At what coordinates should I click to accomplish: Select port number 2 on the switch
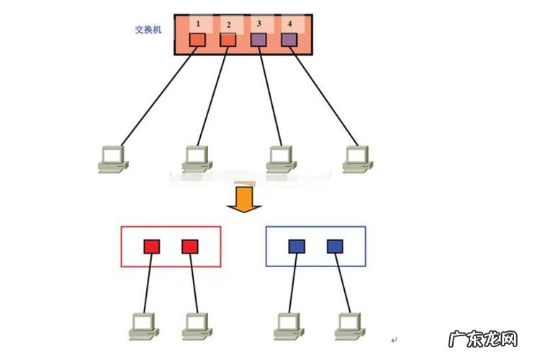[228, 24]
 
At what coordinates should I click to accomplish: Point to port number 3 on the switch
[259, 24]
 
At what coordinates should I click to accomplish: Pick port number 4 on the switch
[290, 24]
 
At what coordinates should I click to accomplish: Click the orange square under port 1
[197, 40]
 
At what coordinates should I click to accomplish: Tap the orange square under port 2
[228, 40]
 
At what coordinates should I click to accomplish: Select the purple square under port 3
[258, 40]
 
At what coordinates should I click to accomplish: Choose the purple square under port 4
[289, 40]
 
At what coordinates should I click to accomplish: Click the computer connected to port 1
[112, 158]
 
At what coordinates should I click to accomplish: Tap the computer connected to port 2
[196, 158]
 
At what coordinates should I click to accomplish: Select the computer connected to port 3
[279, 158]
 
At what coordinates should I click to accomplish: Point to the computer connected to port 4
[356, 158]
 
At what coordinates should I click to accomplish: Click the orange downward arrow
[243, 199]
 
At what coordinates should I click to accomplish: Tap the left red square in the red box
[152, 247]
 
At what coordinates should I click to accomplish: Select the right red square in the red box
[189, 247]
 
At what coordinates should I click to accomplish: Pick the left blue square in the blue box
[297, 247]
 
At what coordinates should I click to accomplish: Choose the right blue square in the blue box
[334, 247]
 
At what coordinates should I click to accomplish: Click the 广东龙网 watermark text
[482, 338]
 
